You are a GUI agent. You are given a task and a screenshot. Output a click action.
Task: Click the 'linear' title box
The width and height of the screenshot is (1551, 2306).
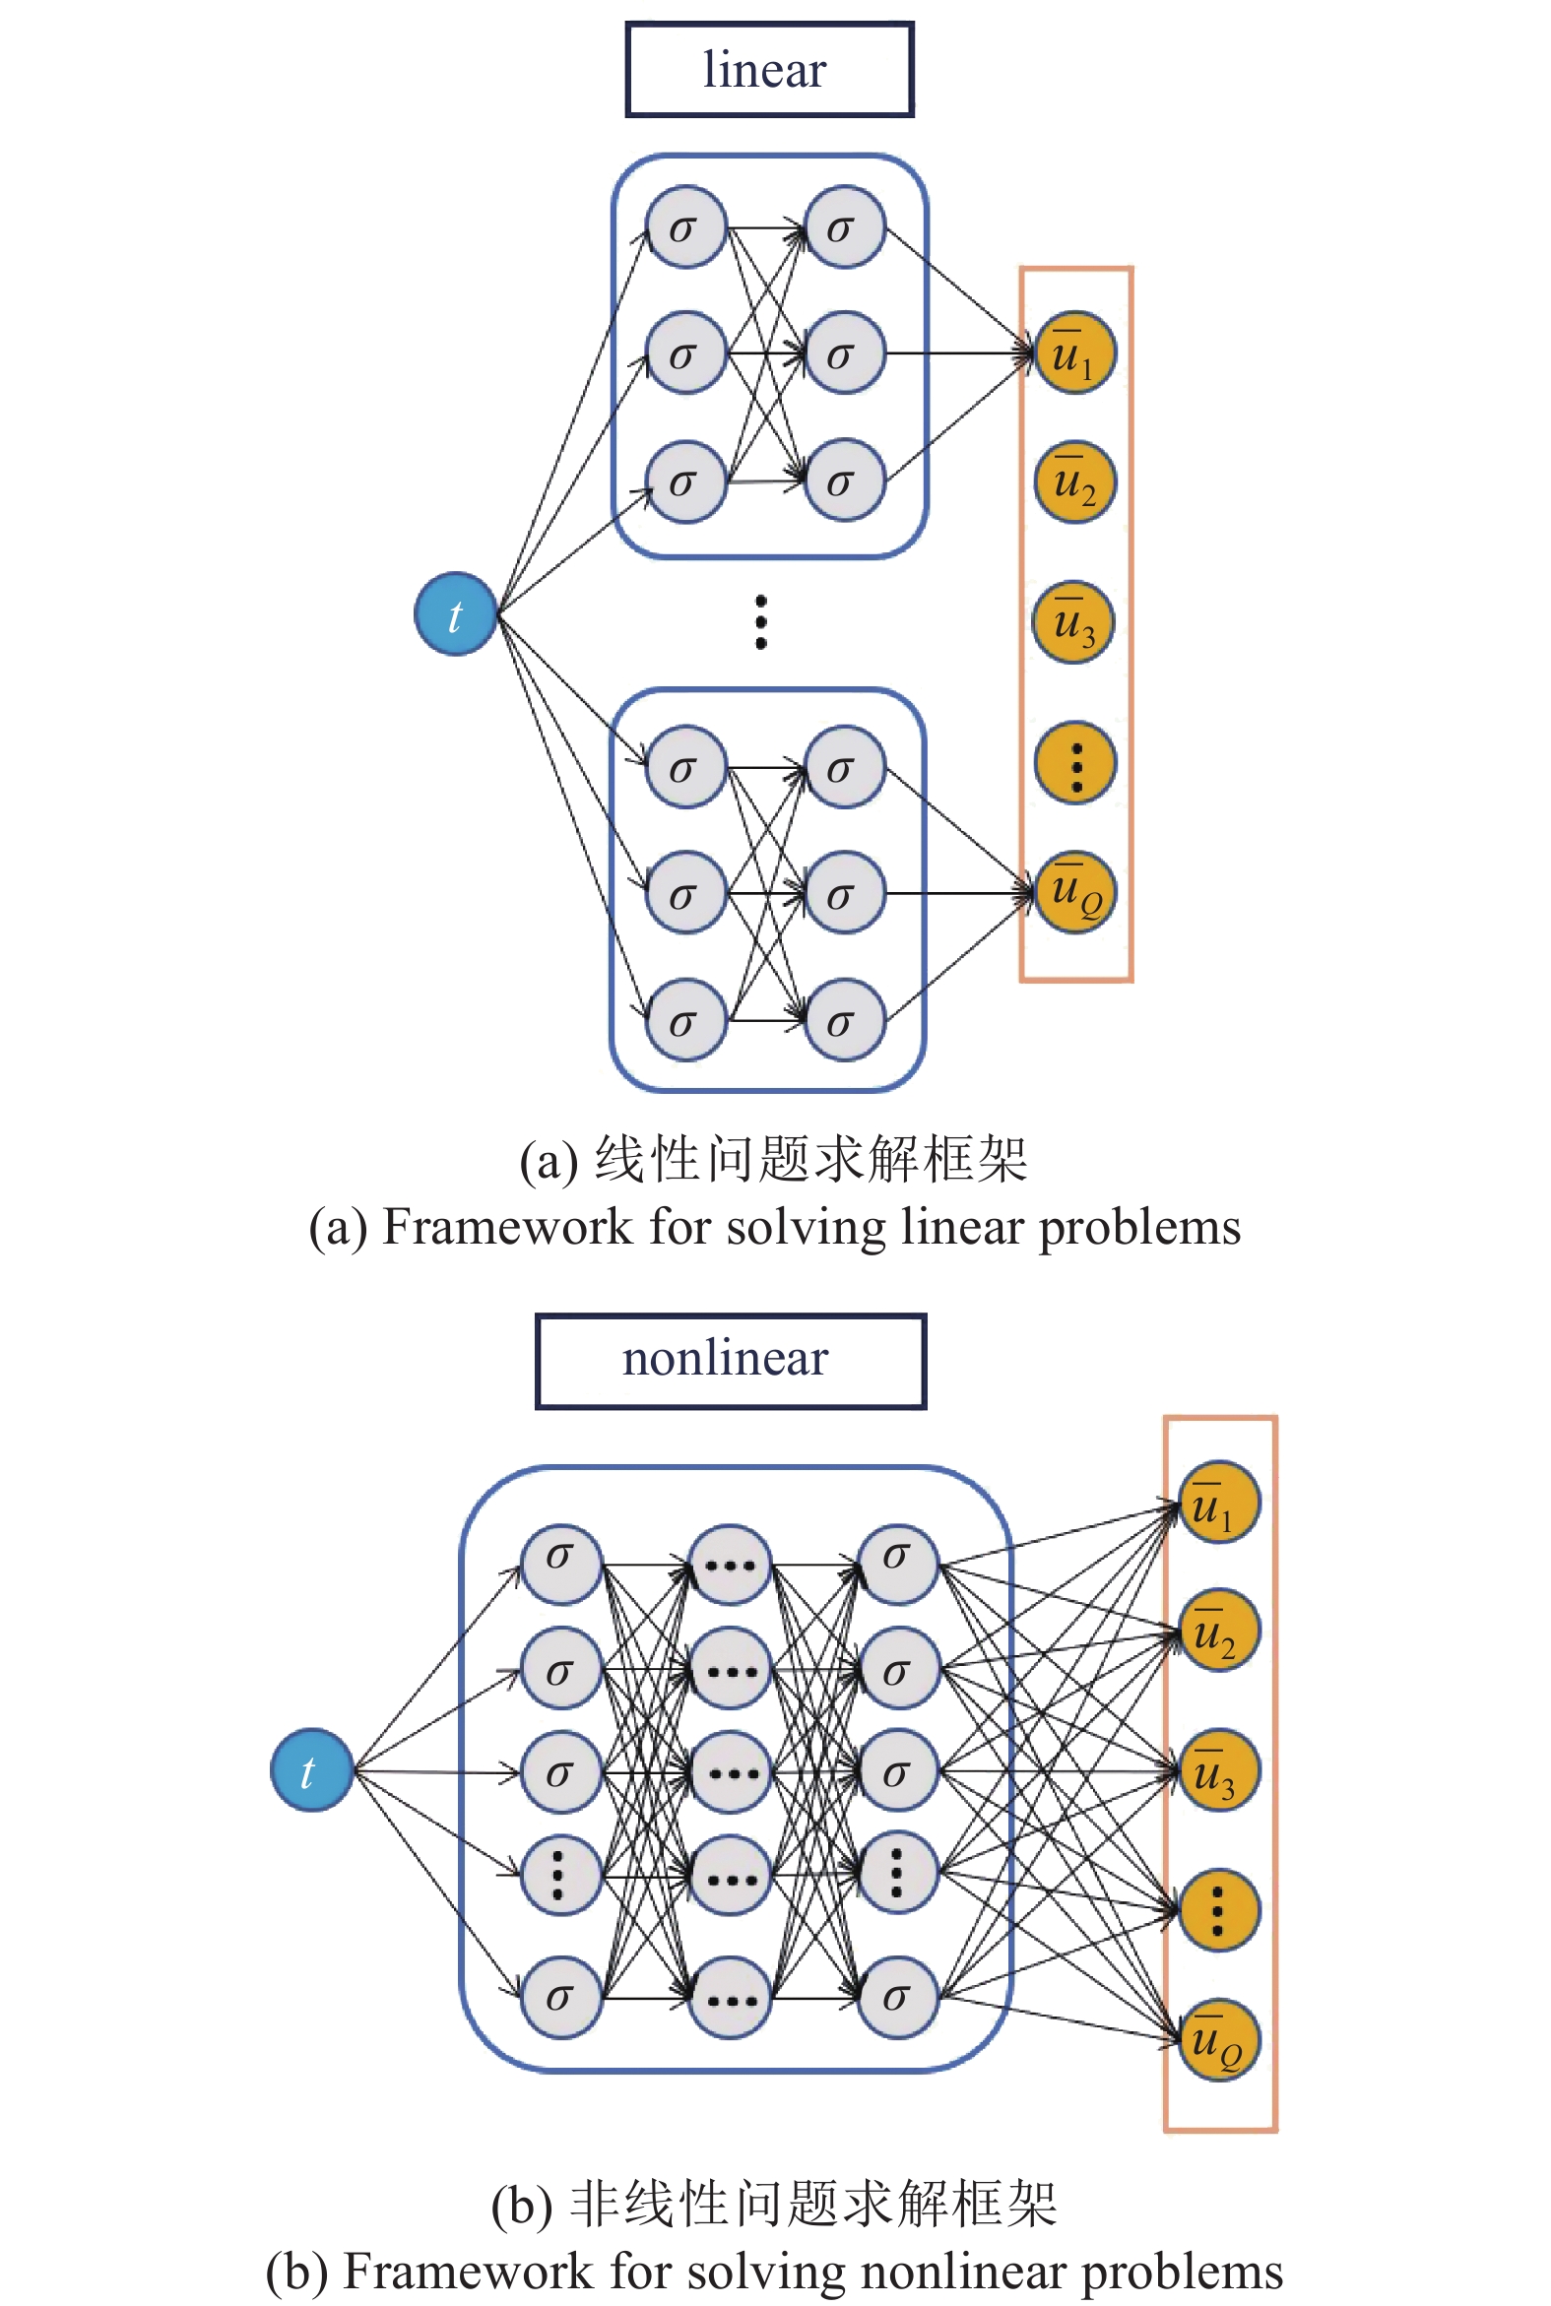click(x=768, y=70)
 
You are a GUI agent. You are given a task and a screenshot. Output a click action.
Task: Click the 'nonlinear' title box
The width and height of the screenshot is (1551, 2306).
click(x=730, y=1361)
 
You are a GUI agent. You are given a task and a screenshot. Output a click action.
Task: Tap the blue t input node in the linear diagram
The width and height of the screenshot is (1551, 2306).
click(x=455, y=614)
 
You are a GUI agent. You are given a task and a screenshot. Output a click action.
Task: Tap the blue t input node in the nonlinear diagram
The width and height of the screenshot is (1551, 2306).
click(x=311, y=1770)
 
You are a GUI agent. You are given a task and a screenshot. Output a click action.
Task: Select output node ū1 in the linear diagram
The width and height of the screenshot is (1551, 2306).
click(x=1074, y=353)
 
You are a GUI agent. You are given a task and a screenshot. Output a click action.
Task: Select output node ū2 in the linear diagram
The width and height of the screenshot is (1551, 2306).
click(x=1074, y=481)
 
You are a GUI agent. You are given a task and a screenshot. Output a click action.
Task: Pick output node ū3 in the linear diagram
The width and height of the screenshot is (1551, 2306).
click(x=1073, y=622)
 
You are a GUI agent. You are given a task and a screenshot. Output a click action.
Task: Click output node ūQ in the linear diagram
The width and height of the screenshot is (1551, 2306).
click(x=1074, y=892)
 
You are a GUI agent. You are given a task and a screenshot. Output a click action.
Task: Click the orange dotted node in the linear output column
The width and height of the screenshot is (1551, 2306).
click(x=1075, y=762)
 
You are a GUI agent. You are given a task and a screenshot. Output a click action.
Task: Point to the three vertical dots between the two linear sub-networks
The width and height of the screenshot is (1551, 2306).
click(x=760, y=622)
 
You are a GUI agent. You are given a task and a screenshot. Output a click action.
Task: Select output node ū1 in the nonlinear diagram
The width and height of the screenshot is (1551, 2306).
click(x=1219, y=1504)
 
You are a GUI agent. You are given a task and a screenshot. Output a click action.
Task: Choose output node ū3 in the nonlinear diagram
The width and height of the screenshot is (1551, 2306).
click(x=1219, y=1770)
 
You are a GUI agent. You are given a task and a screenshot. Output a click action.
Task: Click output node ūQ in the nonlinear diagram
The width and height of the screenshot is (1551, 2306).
click(x=1219, y=2041)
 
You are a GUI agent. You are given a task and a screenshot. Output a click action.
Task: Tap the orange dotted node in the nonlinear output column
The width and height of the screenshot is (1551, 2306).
click(x=1219, y=1909)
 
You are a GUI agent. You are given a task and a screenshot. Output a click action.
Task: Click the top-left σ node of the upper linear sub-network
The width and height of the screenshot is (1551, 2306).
click(x=685, y=227)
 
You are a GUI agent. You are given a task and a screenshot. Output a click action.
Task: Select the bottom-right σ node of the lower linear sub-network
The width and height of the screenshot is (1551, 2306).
click(x=844, y=1020)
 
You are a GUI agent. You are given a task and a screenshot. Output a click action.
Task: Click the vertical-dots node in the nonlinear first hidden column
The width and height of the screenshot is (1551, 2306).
click(x=560, y=1874)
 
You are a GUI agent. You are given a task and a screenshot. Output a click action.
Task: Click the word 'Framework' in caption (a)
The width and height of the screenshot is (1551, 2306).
click(x=506, y=1227)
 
